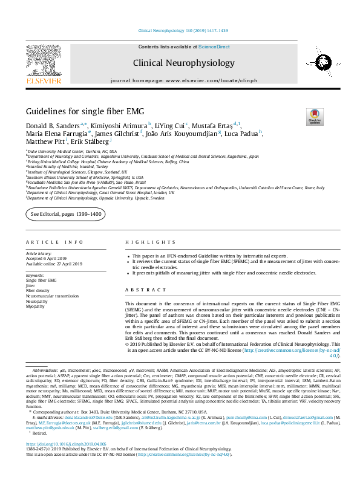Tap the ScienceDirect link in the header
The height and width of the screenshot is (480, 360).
(214, 47)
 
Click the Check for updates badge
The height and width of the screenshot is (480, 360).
(315, 115)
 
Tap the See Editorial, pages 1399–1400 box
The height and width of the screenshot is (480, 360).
(66, 215)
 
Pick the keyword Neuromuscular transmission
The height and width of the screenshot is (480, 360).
(52, 296)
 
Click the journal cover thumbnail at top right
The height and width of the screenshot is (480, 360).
(316, 62)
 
